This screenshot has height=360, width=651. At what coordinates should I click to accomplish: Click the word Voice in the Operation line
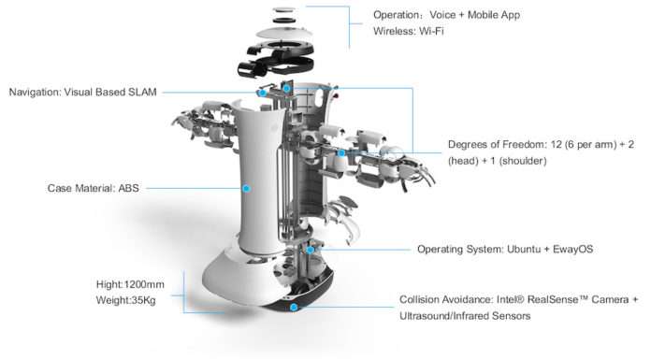point(442,15)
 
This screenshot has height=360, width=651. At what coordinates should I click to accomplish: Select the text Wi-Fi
point(431,31)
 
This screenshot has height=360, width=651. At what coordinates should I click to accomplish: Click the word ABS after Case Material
point(129,188)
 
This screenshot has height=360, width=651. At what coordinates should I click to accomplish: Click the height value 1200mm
point(144,284)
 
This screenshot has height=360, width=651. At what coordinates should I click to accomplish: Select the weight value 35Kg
point(144,300)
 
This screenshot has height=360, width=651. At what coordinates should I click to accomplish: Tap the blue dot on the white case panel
point(246,189)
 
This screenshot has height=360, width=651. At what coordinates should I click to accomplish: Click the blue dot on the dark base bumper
point(294,308)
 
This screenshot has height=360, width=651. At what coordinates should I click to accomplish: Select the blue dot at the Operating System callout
point(311,250)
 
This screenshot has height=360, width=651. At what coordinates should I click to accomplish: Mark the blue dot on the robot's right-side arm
point(341,153)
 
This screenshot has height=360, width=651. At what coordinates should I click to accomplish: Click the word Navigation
point(35,93)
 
